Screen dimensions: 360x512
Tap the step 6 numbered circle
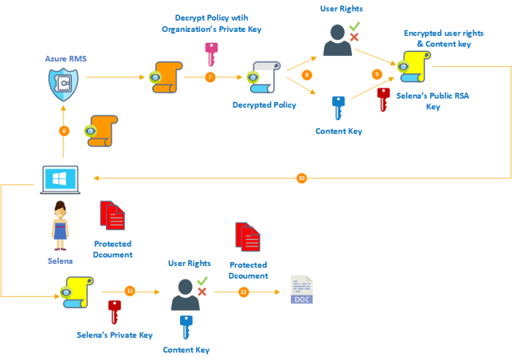[64, 131]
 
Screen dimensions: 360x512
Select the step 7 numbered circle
[210, 77]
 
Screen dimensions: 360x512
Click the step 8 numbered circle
[307, 75]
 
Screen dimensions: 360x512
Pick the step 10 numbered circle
[301, 178]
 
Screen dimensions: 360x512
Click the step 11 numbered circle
[130, 291]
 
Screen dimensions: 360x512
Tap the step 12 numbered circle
[243, 291]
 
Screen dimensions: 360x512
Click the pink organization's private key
[211, 51]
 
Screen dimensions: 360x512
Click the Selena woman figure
[61, 227]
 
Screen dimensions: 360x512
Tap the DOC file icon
[301, 290]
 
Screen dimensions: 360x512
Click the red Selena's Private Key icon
[115, 311]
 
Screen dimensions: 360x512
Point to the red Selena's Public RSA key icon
[383, 99]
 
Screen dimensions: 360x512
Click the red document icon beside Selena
[112, 215]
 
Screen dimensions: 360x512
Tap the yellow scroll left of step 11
[75, 292]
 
